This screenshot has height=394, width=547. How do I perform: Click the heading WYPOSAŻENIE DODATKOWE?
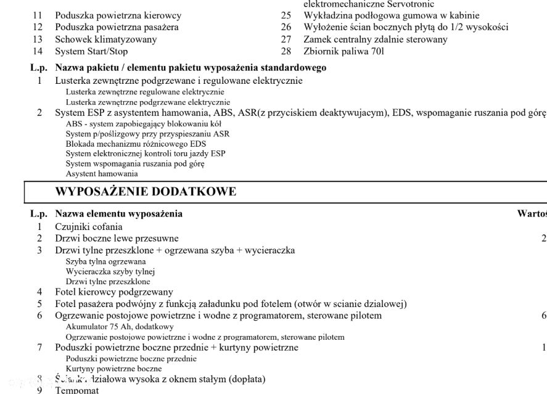coord(146,191)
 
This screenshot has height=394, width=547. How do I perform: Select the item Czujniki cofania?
coord(88,226)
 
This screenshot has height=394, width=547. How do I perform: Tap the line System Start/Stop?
coord(91,51)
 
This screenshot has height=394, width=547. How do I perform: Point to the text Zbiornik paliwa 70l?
coord(343,51)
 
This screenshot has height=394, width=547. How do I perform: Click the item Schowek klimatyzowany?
coord(105,39)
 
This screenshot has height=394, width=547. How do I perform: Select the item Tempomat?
coord(77,390)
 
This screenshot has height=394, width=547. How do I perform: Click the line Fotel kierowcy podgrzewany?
coord(114,292)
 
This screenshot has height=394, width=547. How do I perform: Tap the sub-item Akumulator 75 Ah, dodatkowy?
coord(120,326)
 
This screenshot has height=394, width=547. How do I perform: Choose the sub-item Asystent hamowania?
coord(102,174)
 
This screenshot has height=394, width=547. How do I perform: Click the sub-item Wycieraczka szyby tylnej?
coord(110,271)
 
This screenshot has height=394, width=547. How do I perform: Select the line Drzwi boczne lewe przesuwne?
coord(117,238)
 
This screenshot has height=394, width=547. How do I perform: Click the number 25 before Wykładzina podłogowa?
coord(286,15)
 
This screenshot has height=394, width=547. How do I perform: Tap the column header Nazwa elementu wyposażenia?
coord(118,214)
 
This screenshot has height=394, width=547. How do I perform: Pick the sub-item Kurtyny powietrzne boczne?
coord(113,368)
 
